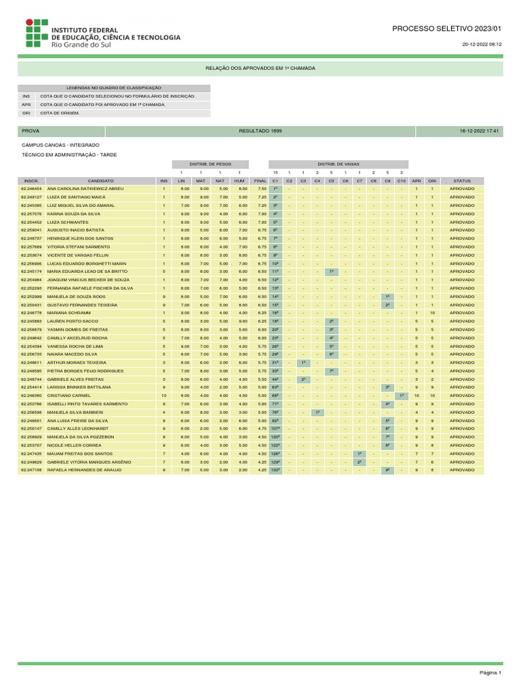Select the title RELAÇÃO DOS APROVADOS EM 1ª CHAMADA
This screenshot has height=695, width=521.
[x=260, y=69]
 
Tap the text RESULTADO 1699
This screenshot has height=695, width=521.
[x=260, y=130]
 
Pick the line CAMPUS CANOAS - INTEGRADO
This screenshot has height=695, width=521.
[x=60, y=145]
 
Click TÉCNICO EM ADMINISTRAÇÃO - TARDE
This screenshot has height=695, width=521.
[x=69, y=155]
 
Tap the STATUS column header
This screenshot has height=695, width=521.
[x=462, y=181]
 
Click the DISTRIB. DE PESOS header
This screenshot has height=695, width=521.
[x=210, y=164]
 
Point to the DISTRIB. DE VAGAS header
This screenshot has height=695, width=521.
[x=338, y=164]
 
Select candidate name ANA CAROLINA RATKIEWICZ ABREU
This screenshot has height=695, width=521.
[x=85, y=188]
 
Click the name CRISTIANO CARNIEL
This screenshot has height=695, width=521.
[x=69, y=395]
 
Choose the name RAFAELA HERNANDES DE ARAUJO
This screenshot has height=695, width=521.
[x=83, y=470]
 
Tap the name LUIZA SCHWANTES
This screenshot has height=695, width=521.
[x=68, y=222]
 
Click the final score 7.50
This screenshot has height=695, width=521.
[x=262, y=188]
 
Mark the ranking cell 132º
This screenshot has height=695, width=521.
[x=275, y=470]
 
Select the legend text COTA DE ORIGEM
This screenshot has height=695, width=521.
[x=60, y=113]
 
